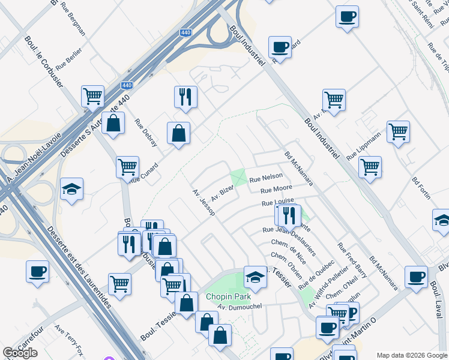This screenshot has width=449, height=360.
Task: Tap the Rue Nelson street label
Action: tap(265, 178)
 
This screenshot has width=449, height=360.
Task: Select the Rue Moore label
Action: tap(276, 191)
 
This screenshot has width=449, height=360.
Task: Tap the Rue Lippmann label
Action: tap(364, 146)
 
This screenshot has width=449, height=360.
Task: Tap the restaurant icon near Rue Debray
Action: tap(185, 97)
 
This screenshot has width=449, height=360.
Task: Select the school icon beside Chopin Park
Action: tap(255, 277)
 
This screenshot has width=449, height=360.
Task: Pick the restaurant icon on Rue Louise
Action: tap(290, 215)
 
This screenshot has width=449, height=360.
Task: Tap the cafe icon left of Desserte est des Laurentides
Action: tap(37, 271)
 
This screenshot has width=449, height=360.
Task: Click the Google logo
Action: tap(20, 353)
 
